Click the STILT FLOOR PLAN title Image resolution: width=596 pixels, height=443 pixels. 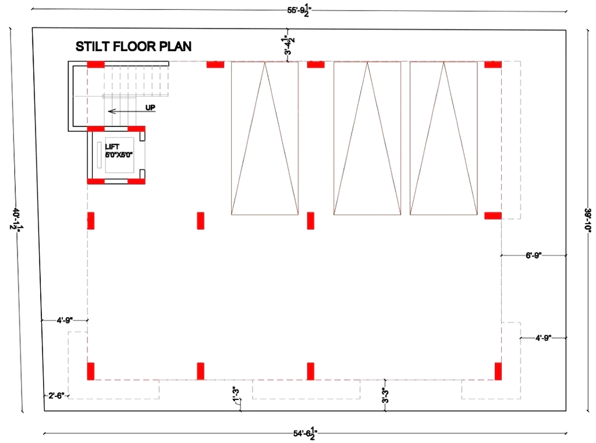(133, 47)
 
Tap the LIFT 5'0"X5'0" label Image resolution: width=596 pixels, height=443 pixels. (119, 151)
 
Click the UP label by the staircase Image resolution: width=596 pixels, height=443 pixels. (150, 108)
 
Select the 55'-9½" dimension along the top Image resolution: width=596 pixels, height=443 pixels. (299, 10)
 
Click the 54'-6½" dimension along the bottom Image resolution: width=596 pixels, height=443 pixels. (305, 433)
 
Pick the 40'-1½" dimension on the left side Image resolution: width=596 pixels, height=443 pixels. (16, 219)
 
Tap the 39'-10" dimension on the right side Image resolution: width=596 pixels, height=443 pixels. (588, 220)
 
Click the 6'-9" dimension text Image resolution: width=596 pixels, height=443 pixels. (533, 256)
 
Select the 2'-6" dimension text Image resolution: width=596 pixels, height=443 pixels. (56, 396)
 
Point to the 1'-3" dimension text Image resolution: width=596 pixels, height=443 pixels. (236, 394)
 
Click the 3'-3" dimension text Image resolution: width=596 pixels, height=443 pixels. (385, 395)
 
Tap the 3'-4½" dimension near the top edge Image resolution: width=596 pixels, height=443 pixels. (289, 45)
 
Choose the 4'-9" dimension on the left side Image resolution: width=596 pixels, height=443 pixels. (65, 321)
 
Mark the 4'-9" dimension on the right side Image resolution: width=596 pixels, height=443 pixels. (543, 338)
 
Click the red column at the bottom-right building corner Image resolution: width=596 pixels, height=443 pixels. (498, 371)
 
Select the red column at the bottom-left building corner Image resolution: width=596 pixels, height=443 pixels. (90, 371)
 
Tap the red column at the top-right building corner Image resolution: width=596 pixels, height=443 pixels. (493, 64)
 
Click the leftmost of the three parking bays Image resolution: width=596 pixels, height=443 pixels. (265, 139)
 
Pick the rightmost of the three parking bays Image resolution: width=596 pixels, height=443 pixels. (444, 139)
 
